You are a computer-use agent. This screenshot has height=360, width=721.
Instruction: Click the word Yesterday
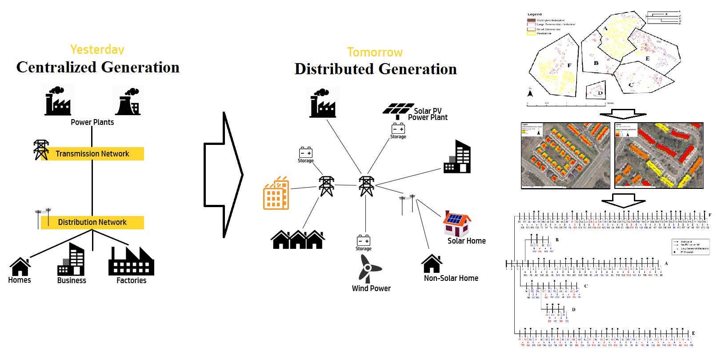[97, 49]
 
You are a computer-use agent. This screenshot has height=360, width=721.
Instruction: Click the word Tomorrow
[375, 52]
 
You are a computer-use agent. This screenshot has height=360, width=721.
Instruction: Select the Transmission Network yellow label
[92, 154]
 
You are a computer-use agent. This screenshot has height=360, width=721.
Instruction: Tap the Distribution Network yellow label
[92, 222]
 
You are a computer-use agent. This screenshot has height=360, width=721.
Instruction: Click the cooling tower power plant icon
[128, 102]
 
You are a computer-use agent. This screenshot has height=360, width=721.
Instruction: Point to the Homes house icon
[20, 267]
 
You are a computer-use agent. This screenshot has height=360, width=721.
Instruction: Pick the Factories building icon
[131, 262]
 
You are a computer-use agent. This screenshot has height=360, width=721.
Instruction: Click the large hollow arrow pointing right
[223, 175]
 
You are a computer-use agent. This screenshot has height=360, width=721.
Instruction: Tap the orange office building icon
[276, 194]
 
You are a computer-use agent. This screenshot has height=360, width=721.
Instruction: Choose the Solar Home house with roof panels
[456, 224]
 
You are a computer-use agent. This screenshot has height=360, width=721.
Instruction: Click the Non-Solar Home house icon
[432, 264]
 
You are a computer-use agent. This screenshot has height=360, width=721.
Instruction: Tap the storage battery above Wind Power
[364, 240]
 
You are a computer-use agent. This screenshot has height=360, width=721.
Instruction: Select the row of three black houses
[298, 240]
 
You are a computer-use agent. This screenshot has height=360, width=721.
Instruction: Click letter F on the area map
[569, 65]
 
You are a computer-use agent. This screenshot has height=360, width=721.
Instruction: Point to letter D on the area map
[600, 93]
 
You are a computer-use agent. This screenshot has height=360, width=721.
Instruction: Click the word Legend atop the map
[534, 14]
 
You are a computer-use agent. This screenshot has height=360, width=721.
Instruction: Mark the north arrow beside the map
[530, 93]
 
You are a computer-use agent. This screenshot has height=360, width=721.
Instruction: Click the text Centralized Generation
[98, 68]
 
